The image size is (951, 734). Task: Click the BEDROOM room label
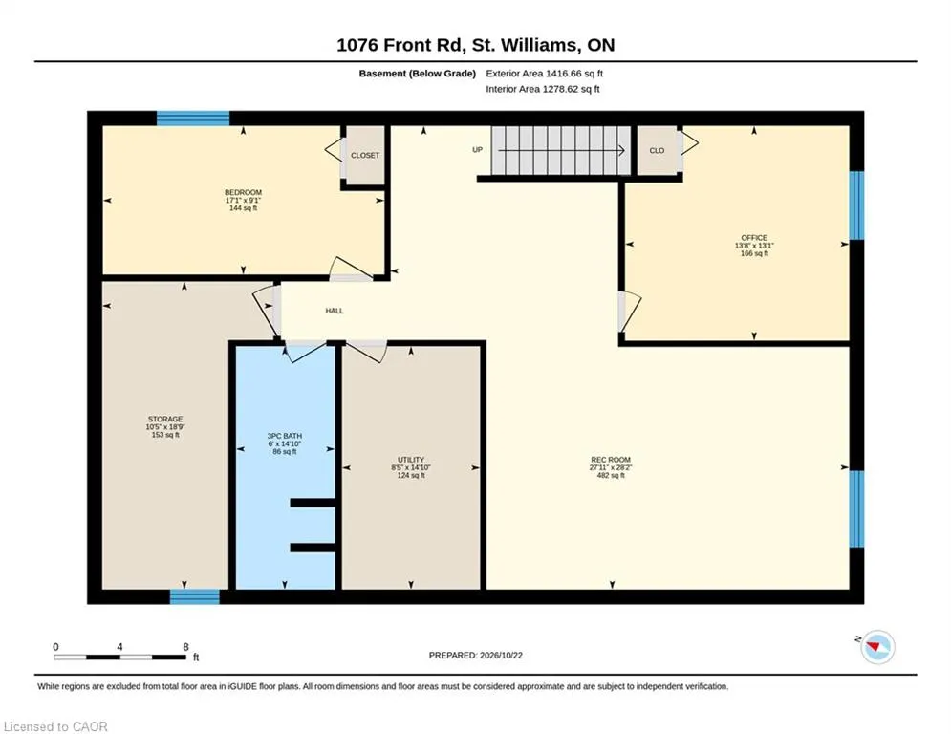pos(243,192)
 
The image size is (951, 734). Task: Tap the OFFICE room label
pos(754,238)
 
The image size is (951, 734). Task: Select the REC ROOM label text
pos(611,460)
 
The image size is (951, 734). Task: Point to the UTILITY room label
pos(411,460)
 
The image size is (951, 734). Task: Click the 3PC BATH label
pos(285,436)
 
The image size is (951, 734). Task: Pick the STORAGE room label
pos(165,420)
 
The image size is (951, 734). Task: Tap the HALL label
pos(335,311)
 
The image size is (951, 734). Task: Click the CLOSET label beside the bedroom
pos(365,155)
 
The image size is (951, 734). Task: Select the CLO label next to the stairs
pos(657,150)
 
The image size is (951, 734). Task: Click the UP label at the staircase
pos(477,150)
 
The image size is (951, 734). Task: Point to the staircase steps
pos(560,150)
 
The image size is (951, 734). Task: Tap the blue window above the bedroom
pos(193,119)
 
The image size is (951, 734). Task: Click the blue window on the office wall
pos(856,205)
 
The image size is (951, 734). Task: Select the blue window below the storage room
pos(195,597)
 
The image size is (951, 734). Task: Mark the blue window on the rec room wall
pos(856,509)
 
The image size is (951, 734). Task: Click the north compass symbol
pos(877,647)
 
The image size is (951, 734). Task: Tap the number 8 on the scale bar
pos(185,647)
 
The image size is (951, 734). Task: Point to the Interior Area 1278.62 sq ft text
pos(543,89)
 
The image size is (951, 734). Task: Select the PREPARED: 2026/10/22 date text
pos(476,655)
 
